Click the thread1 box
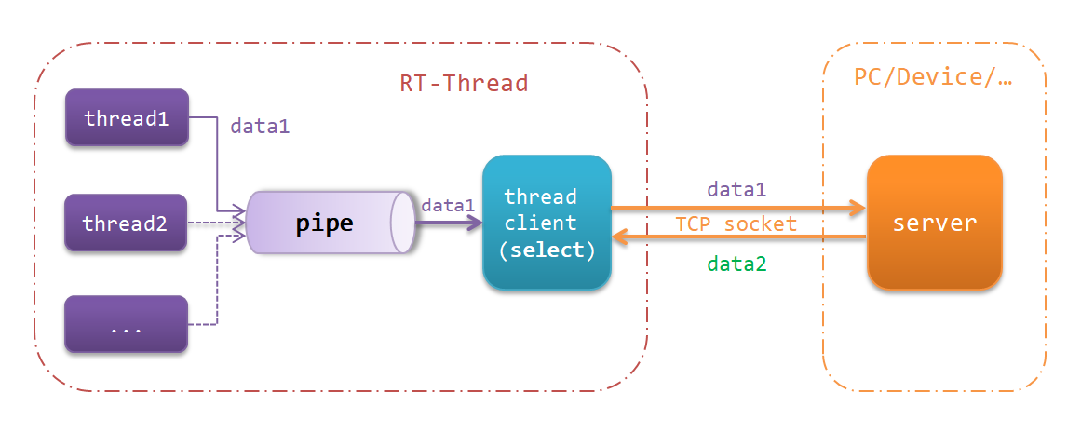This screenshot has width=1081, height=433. tap(127, 118)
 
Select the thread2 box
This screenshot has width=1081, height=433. tap(127, 223)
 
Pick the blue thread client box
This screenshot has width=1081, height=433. tap(547, 223)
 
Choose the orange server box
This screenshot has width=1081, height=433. tap(934, 223)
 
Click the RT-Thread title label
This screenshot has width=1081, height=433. tap(464, 83)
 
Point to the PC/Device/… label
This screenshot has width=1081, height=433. tap(933, 76)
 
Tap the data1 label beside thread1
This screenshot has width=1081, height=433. tap(260, 127)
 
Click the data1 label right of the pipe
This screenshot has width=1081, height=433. tap(448, 205)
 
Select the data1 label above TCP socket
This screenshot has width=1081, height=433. tap(736, 190)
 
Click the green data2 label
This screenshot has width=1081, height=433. tap(736, 264)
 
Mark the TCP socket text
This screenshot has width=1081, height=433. tap(736, 224)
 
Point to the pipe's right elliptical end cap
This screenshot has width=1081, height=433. tap(403, 223)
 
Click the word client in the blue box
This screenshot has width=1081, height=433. tap(540, 223)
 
